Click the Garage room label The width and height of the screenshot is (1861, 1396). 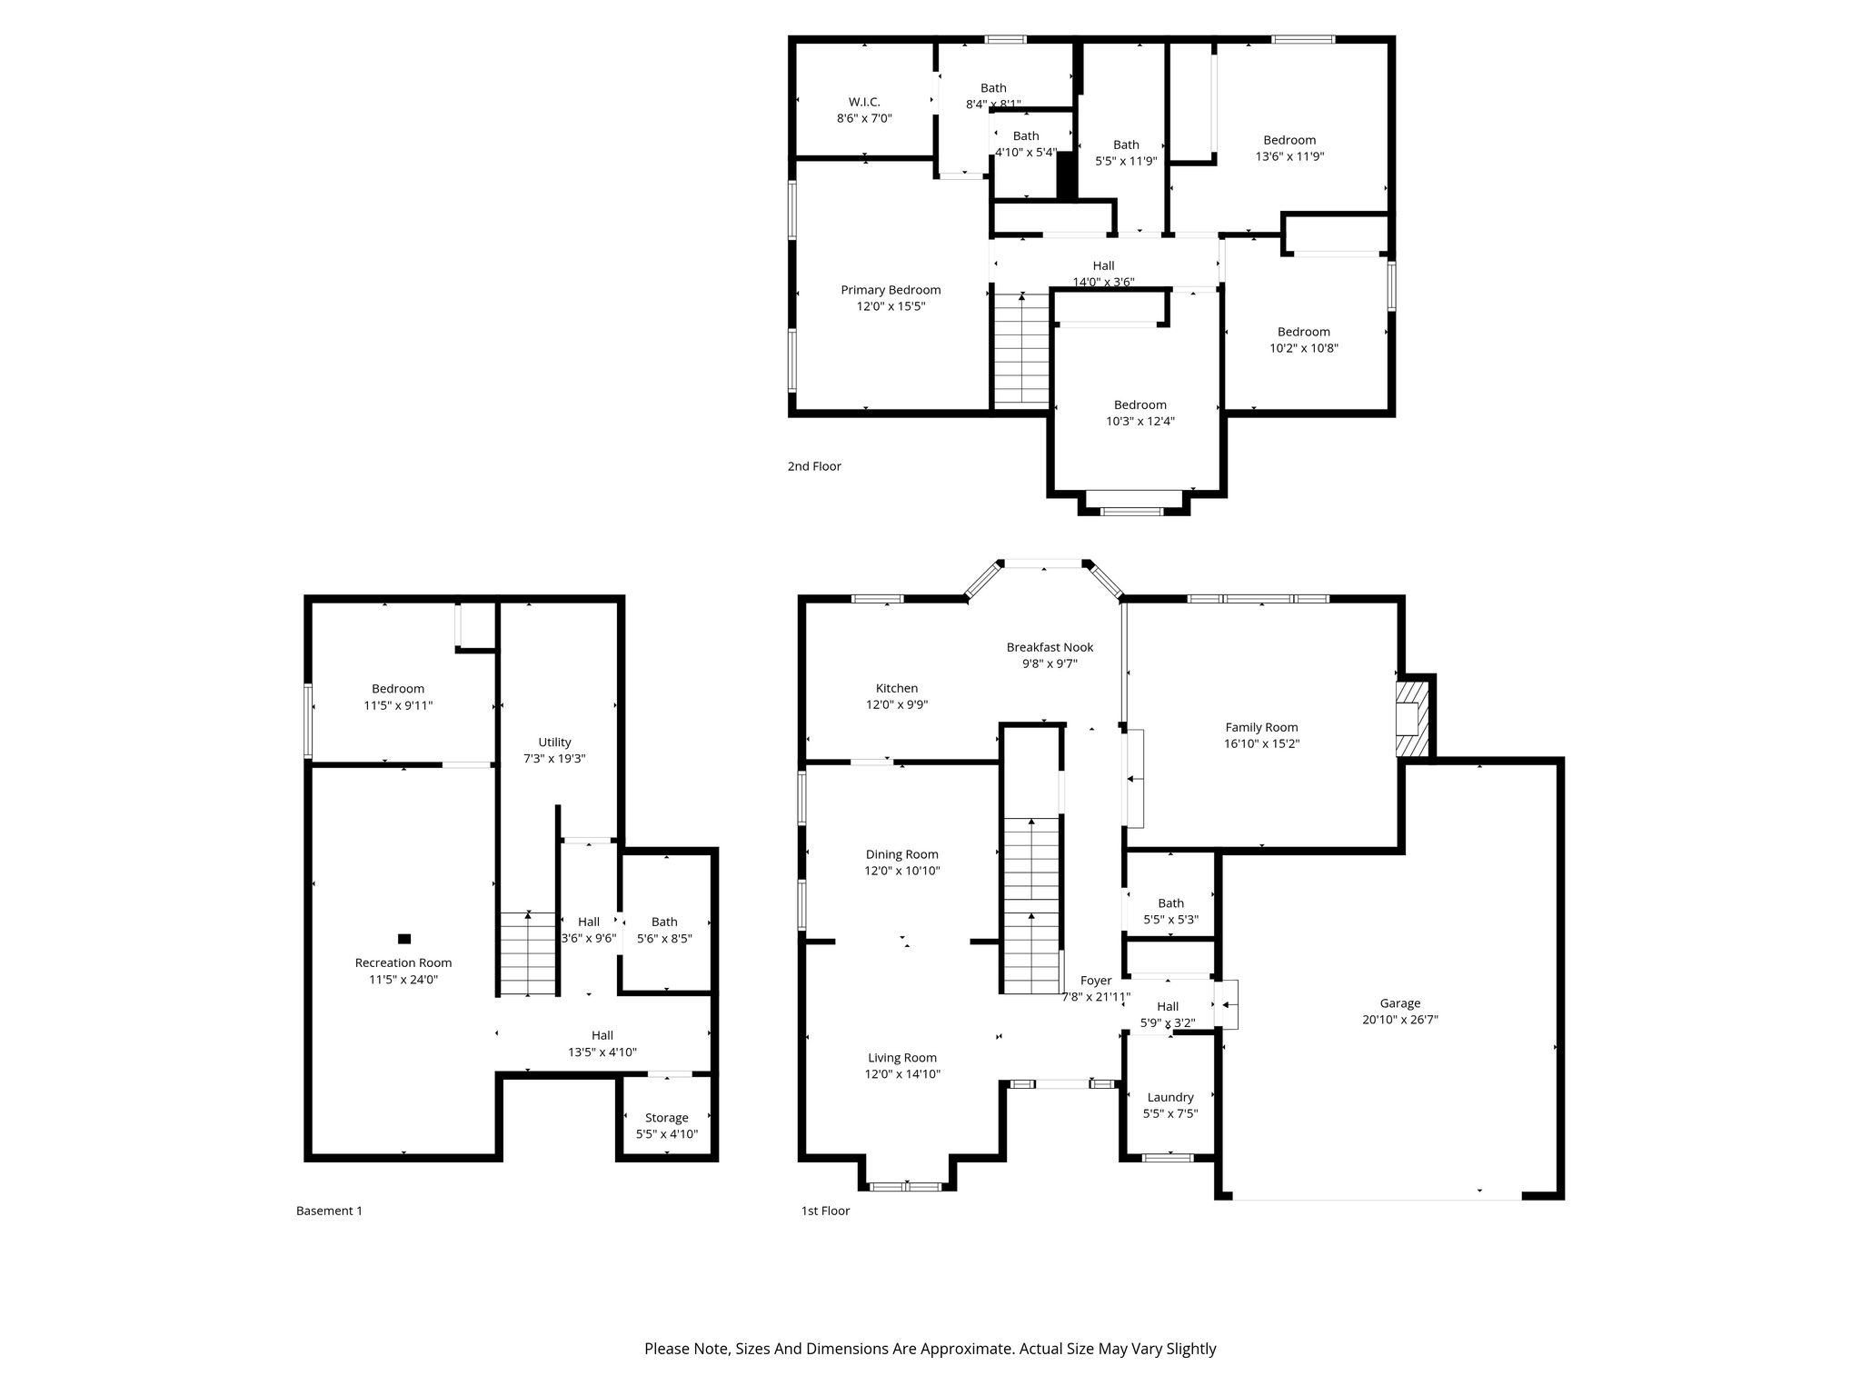pos(1399,1003)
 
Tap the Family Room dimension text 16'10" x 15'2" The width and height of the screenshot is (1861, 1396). pos(1261,743)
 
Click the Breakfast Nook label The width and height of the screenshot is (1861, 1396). pos(1050,647)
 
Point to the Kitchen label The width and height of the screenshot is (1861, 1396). pos(897,688)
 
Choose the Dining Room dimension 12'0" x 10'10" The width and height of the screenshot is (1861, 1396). pos(901,871)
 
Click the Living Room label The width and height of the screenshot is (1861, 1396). pos(901,1058)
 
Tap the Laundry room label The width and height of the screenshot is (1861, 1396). pos(1170,1097)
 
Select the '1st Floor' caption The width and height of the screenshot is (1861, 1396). pos(825,1211)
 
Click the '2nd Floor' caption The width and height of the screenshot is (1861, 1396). pos(814,466)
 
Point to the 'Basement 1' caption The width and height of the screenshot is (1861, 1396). pos(329,1211)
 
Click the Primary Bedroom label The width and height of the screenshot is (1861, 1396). pos(891,290)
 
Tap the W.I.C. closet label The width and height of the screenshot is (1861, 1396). pos(864,102)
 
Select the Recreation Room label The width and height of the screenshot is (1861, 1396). pos(403,962)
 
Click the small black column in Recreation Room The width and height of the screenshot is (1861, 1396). pos(404,938)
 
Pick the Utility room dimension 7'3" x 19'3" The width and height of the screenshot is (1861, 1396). pos(554,759)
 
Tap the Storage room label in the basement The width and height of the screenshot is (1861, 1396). pos(667,1118)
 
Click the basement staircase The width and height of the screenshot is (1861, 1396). pos(528,953)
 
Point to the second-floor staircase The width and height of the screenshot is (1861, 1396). pos(1022,349)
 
